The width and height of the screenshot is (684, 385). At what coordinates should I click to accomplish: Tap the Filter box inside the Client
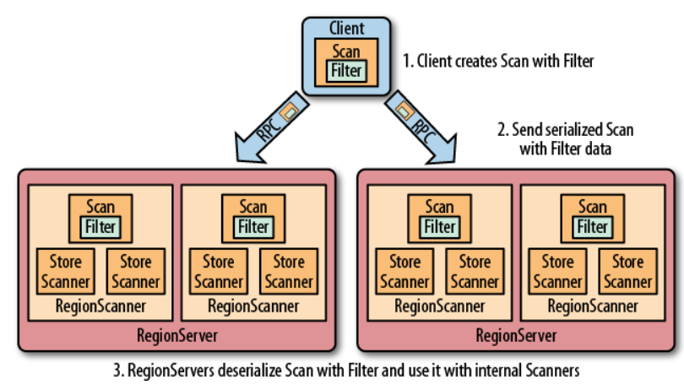point(346,71)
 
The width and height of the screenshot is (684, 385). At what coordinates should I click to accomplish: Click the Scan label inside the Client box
point(346,52)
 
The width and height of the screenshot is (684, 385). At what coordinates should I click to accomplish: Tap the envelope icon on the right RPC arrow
point(403,108)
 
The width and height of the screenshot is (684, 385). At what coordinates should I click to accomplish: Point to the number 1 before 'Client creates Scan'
point(406,62)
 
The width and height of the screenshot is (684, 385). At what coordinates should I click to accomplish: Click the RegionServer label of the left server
point(176,335)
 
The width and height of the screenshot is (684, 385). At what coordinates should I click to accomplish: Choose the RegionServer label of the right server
point(516,335)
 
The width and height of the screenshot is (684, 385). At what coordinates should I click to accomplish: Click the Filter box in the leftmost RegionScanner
point(100,226)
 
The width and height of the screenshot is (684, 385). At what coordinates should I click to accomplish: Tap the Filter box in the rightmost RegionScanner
point(592,226)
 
